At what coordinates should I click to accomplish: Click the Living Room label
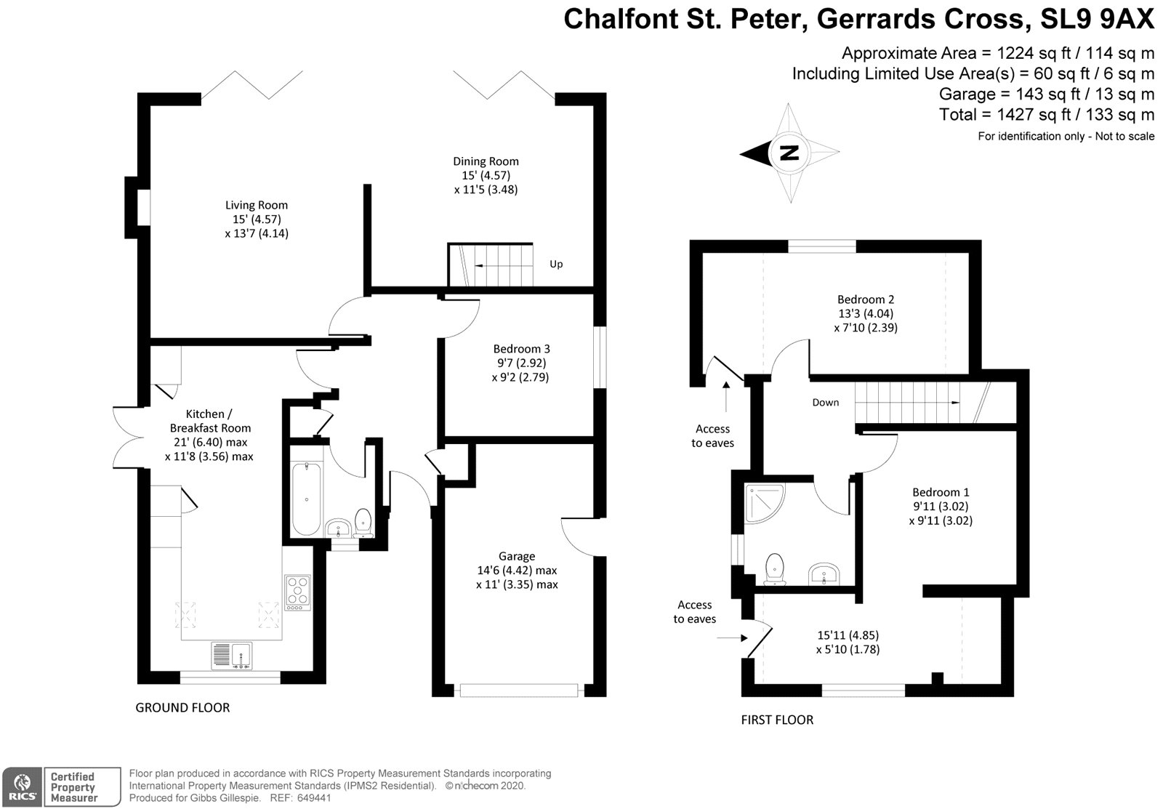256,205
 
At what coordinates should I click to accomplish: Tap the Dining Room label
486,161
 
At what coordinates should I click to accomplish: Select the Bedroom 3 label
520,349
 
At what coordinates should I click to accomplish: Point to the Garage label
517,557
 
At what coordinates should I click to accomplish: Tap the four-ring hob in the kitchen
297,591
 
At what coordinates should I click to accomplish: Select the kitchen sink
231,656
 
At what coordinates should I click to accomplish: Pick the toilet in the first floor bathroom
775,567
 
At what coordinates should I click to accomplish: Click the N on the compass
789,153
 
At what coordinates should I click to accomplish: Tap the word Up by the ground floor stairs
556,265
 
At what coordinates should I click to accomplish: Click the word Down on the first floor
825,403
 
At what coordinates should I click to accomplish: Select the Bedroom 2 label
865,299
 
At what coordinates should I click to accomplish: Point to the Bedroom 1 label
941,493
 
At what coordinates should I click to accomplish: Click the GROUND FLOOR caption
182,707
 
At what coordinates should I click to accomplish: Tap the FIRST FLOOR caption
777,720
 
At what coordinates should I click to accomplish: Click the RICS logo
22,787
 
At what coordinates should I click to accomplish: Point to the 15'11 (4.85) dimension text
848,635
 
